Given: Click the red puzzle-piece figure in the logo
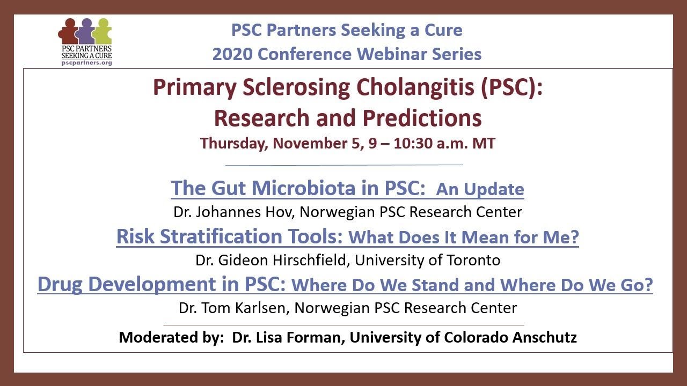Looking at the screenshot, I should coord(68,33).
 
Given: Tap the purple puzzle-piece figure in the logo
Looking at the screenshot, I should coord(85,33).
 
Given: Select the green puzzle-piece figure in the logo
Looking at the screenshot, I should coord(102,33).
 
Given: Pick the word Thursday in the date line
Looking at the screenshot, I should coord(233,144).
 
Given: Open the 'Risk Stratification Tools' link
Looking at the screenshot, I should coord(230,236).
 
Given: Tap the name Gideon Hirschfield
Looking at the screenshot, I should coord(283,261).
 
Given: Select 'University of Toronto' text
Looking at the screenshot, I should coord(427,261).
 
